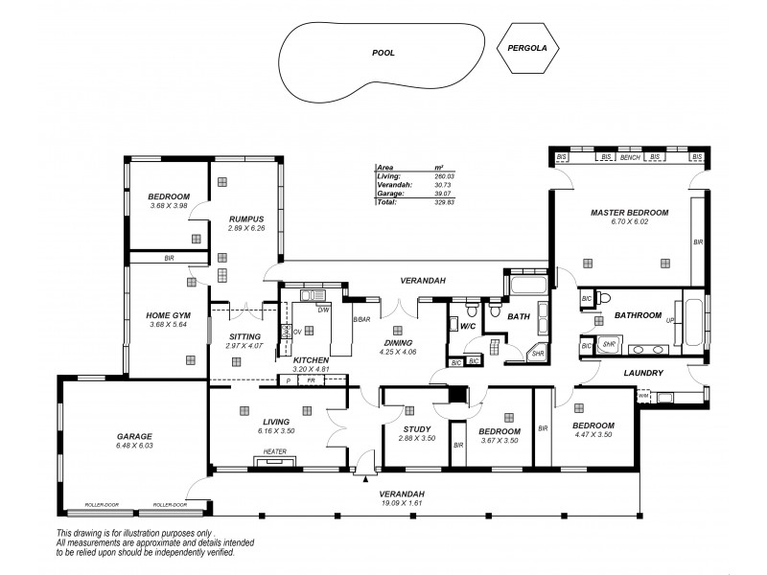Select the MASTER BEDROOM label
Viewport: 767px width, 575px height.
click(629, 212)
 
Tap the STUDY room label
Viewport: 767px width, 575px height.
click(416, 428)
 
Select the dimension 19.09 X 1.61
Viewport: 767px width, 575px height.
click(402, 503)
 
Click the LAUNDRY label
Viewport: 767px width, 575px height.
click(643, 372)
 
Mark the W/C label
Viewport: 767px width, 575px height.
click(468, 327)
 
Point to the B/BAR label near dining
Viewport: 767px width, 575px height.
click(361, 319)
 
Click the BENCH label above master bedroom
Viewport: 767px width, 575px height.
click(630, 156)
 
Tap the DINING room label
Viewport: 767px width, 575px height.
click(397, 342)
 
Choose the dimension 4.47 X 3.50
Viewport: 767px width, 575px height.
click(592, 434)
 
